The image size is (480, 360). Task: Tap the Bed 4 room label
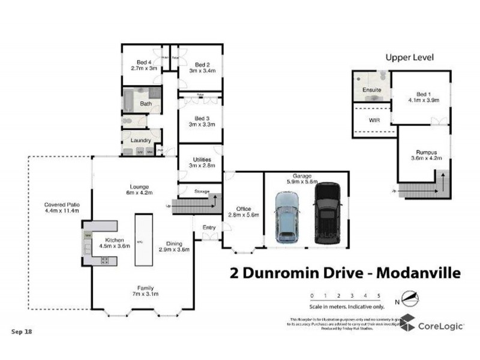(x=144, y=65)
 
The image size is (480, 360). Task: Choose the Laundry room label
(x=140, y=140)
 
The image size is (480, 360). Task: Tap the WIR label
(x=374, y=120)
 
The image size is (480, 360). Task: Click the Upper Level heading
(x=409, y=58)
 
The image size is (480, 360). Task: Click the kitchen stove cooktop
(x=106, y=260)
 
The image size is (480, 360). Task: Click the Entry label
(x=209, y=227)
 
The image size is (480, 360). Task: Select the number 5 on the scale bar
(x=379, y=296)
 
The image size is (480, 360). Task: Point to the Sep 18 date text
(x=22, y=331)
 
